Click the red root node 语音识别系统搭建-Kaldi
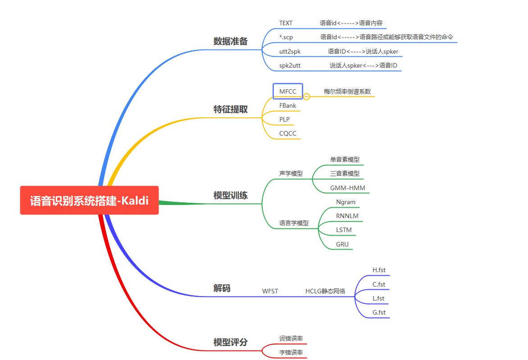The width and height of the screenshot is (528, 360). pos(89,201)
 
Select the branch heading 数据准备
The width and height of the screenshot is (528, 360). pos(230,41)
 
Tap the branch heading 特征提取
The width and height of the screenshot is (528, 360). pos(230,109)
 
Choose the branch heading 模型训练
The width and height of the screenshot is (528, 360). pos(230,196)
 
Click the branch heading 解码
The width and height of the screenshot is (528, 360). pos(222,288)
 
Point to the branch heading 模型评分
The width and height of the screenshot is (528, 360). pos(230,342)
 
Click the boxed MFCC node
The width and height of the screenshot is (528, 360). pos(288,91)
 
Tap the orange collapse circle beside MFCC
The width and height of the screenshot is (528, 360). pos(307,96)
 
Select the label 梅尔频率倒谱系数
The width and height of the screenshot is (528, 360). pos(347,91)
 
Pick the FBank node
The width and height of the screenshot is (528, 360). pos(287,106)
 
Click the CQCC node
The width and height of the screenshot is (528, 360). pos(287,134)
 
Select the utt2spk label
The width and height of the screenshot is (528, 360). pos(290,52)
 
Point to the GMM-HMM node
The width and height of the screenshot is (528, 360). pos(348,188)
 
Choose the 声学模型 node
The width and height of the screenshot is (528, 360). pos(291,173)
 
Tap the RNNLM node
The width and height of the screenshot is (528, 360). pos(347,216)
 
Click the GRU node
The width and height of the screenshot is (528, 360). pos(342,245)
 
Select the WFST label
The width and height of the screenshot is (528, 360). pos(270,292)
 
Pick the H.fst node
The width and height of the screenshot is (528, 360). pos(379,270)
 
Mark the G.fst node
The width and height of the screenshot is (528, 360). pos(379,313)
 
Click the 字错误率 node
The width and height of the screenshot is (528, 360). pos(291,353)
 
